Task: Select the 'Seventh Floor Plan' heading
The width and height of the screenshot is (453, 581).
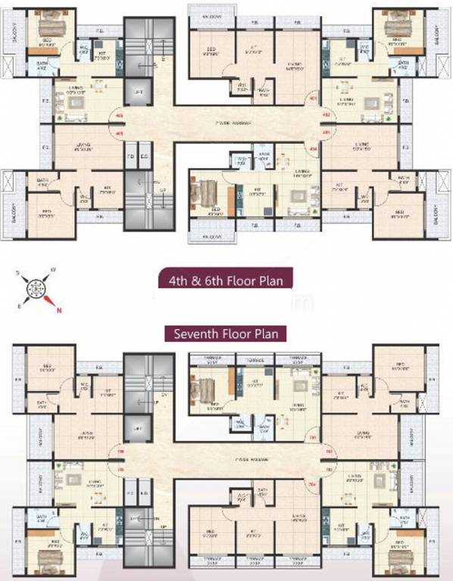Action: [225, 333]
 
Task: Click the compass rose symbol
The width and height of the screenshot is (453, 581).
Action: [35, 288]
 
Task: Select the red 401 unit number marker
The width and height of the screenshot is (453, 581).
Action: [312, 98]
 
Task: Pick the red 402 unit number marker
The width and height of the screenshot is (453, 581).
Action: [326, 115]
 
